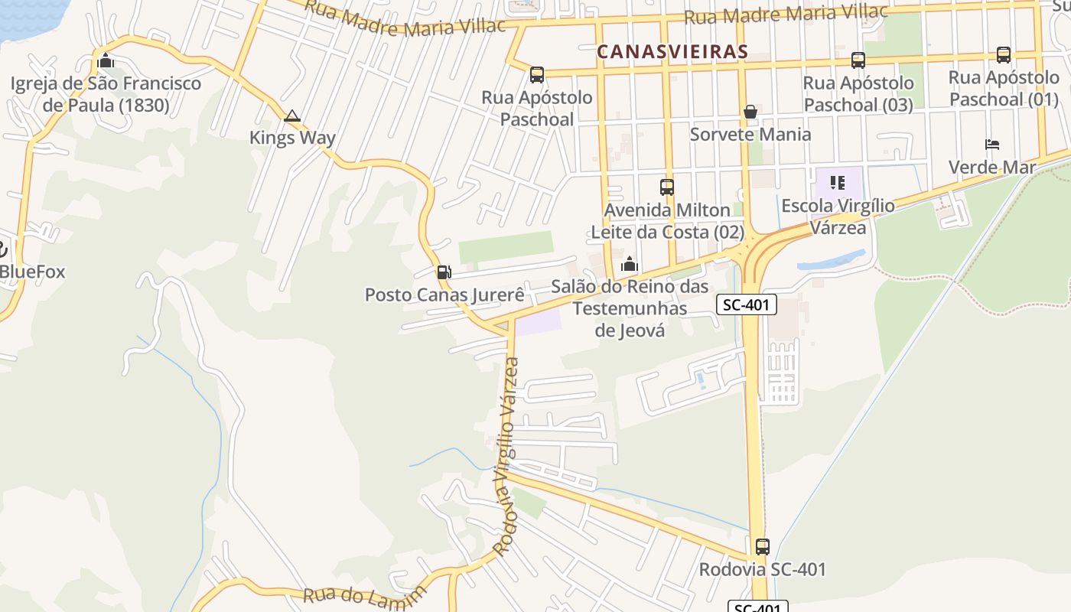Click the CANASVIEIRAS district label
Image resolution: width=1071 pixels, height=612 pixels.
[672, 51]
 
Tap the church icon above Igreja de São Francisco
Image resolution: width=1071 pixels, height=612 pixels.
[106, 60]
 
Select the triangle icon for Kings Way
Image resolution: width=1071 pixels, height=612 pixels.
[291, 116]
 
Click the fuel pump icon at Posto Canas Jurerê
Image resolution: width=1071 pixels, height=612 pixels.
[444, 272]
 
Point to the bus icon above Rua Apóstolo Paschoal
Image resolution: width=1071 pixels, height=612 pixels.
[537, 74]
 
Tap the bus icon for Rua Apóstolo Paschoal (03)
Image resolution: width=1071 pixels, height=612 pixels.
[858, 60]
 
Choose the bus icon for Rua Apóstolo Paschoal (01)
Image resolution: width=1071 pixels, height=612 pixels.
[1003, 54]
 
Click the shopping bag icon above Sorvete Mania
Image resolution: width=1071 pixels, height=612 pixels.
[750, 112]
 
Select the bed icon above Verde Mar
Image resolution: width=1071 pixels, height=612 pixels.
[992, 144]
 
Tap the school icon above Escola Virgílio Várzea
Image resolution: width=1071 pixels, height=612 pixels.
[838, 183]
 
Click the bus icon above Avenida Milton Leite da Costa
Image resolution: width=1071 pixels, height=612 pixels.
[666, 187]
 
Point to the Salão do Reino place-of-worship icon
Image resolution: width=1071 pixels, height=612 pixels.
[630, 265]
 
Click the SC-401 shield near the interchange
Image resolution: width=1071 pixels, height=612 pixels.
[747, 305]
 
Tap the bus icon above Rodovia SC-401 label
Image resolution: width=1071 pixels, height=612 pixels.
[762, 546]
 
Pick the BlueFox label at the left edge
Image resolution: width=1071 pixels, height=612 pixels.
[32, 272]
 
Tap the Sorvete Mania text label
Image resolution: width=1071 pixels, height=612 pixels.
[750, 135]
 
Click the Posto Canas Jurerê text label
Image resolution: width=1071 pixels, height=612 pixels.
[444, 295]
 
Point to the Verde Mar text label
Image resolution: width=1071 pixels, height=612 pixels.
[991, 167]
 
